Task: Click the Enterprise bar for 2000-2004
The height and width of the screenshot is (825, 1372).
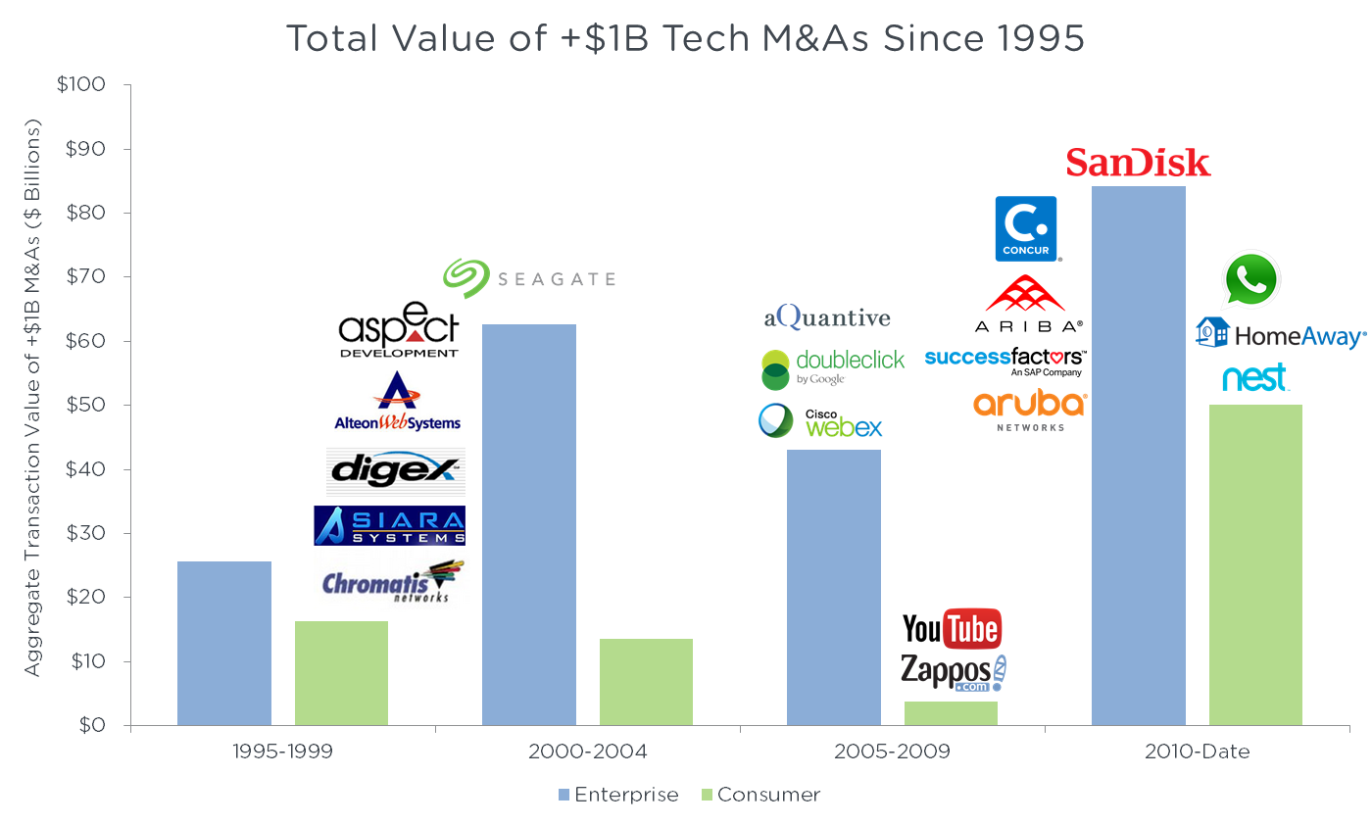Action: click(529, 525)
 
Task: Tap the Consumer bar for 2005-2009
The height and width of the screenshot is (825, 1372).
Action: click(951, 713)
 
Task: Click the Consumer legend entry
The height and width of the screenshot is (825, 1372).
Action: click(759, 795)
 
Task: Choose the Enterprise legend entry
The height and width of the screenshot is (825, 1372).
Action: click(617, 795)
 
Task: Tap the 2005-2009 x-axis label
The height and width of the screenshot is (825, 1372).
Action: click(893, 752)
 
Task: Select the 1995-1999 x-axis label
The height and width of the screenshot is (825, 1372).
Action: click(282, 752)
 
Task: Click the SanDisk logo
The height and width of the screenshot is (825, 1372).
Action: click(1139, 163)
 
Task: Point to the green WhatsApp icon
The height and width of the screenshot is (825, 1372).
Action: click(1252, 279)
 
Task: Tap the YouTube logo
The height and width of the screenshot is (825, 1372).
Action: click(952, 629)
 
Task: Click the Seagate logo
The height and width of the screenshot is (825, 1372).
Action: click(528, 278)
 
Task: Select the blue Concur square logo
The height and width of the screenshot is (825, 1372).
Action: click(1026, 228)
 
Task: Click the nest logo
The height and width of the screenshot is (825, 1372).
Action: click(1255, 378)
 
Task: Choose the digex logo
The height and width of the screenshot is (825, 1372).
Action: click(395, 470)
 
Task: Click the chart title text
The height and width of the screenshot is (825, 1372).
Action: click(685, 39)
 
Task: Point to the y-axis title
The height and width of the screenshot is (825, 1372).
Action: click(33, 398)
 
